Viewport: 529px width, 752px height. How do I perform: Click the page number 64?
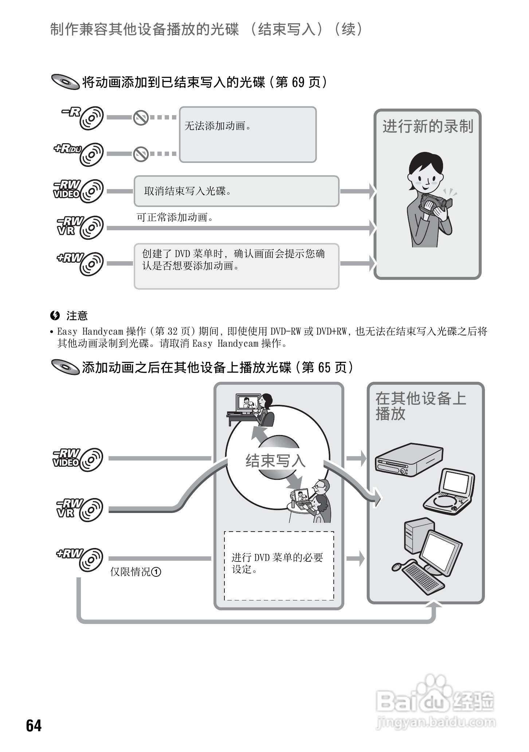(34, 725)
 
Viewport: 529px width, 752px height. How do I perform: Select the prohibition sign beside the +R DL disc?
(140, 154)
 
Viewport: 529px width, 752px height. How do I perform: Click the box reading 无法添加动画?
(247, 134)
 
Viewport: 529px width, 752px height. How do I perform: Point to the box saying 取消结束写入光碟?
(236, 191)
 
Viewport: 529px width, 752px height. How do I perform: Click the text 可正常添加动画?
(175, 218)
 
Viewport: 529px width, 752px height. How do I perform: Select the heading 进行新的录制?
(427, 127)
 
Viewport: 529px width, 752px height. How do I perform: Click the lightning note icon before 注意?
(55, 316)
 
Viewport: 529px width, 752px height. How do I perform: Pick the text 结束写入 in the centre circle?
(275, 461)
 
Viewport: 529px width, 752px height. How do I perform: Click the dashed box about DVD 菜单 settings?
(279, 565)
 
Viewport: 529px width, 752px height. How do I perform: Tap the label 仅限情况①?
(136, 572)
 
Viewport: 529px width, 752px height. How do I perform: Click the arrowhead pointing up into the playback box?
(434, 604)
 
